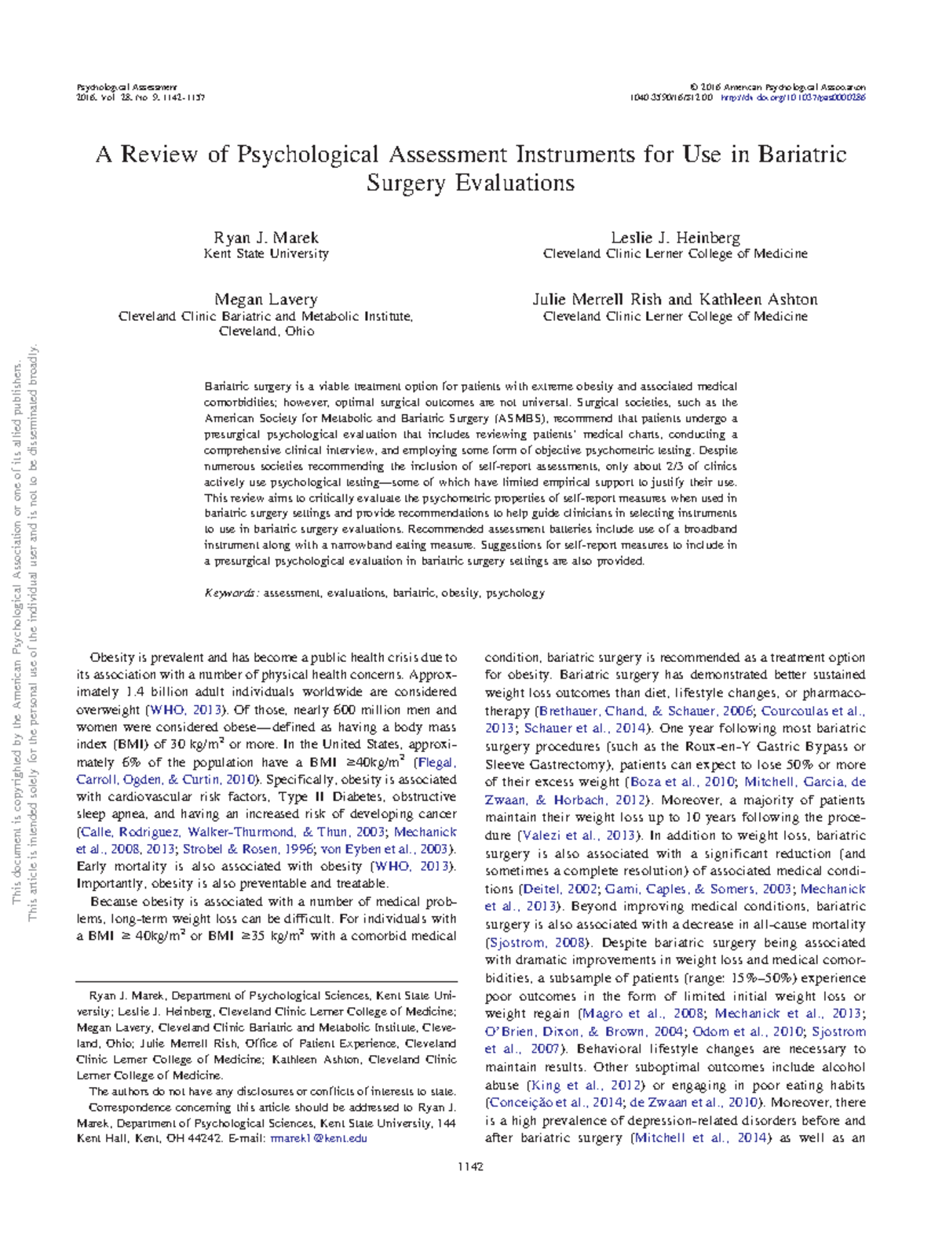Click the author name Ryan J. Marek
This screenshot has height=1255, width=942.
click(x=266, y=238)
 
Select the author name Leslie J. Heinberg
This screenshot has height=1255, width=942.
click(x=675, y=238)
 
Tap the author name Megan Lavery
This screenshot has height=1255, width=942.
click(x=266, y=300)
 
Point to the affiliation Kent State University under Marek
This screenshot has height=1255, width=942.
click(x=266, y=254)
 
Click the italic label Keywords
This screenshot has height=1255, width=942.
click(x=232, y=593)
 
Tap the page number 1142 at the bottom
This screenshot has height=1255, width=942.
click(x=470, y=1166)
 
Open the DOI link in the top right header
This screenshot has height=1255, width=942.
click(x=793, y=98)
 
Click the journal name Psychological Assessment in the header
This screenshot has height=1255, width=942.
click(x=126, y=87)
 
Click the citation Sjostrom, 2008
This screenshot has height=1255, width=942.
click(x=536, y=943)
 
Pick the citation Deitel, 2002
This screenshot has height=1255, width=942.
click(x=560, y=889)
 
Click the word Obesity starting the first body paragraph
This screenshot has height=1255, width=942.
click(x=112, y=658)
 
